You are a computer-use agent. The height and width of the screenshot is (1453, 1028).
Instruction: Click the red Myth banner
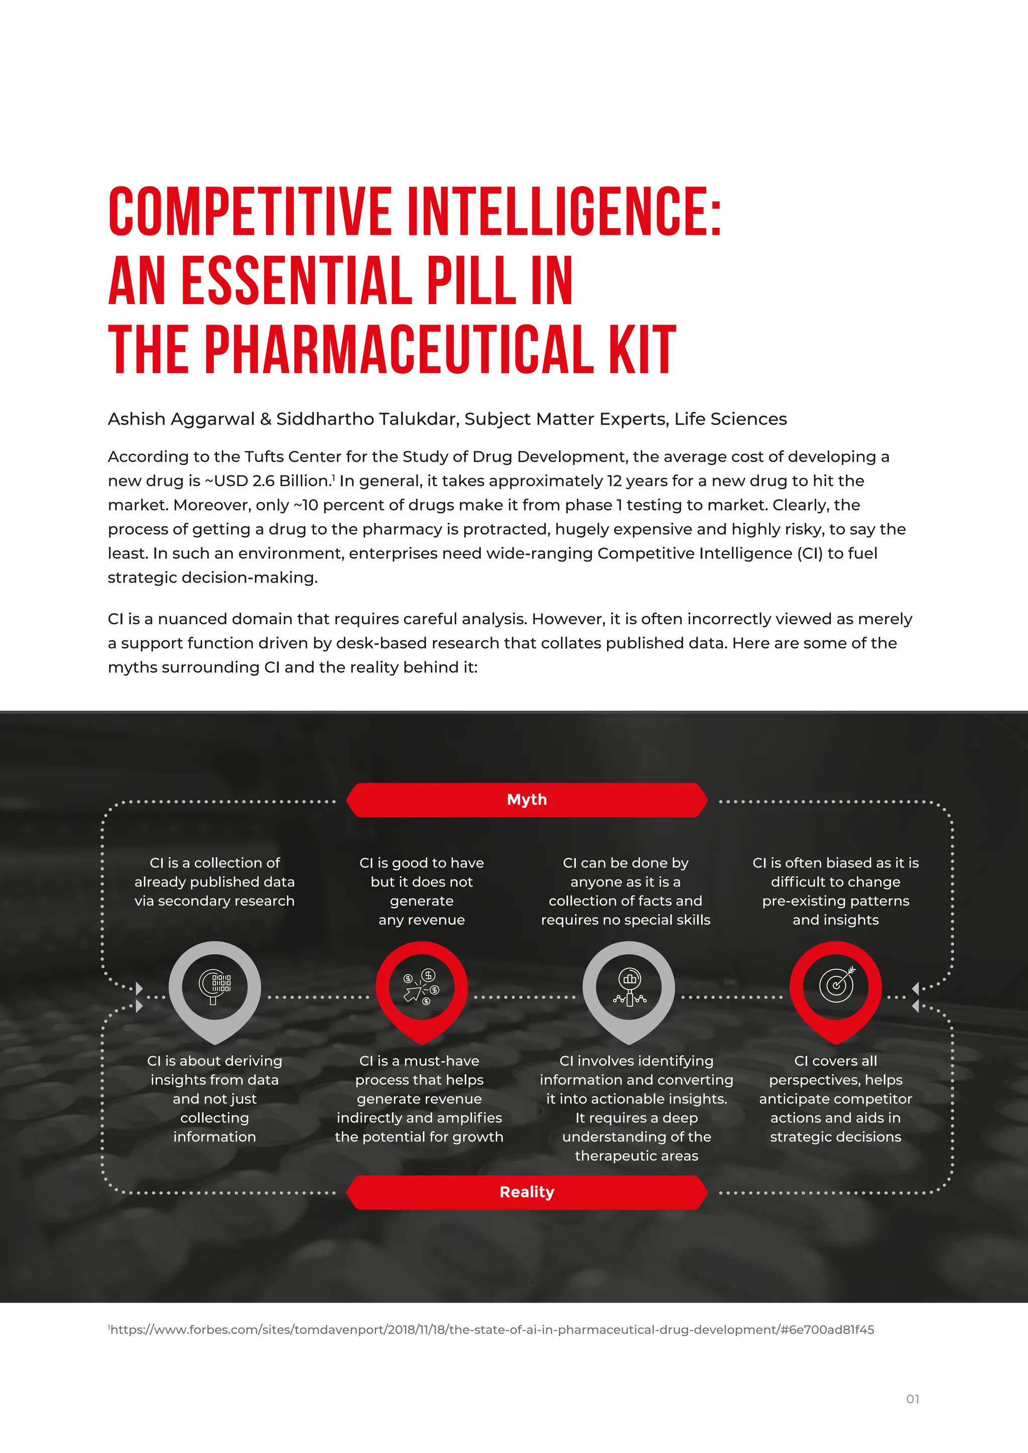click(x=527, y=799)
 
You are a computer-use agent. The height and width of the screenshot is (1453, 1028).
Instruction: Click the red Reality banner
click(x=527, y=1192)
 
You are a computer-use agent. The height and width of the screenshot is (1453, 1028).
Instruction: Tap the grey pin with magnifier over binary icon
click(x=215, y=987)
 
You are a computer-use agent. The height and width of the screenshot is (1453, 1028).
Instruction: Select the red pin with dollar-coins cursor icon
click(x=422, y=987)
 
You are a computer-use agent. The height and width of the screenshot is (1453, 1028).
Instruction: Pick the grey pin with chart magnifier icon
click(x=628, y=987)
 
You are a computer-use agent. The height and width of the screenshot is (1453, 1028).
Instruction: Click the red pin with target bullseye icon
click(x=836, y=987)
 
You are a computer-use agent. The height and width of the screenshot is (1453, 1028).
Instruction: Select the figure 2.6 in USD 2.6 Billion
click(x=264, y=481)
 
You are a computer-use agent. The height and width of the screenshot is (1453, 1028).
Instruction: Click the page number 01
click(x=912, y=1399)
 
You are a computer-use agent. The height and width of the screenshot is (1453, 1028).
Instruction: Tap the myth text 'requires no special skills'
click(x=625, y=920)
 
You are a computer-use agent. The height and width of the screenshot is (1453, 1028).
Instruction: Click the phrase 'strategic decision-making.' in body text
click(x=213, y=578)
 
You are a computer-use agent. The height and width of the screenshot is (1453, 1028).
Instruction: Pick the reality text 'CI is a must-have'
click(x=419, y=1061)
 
